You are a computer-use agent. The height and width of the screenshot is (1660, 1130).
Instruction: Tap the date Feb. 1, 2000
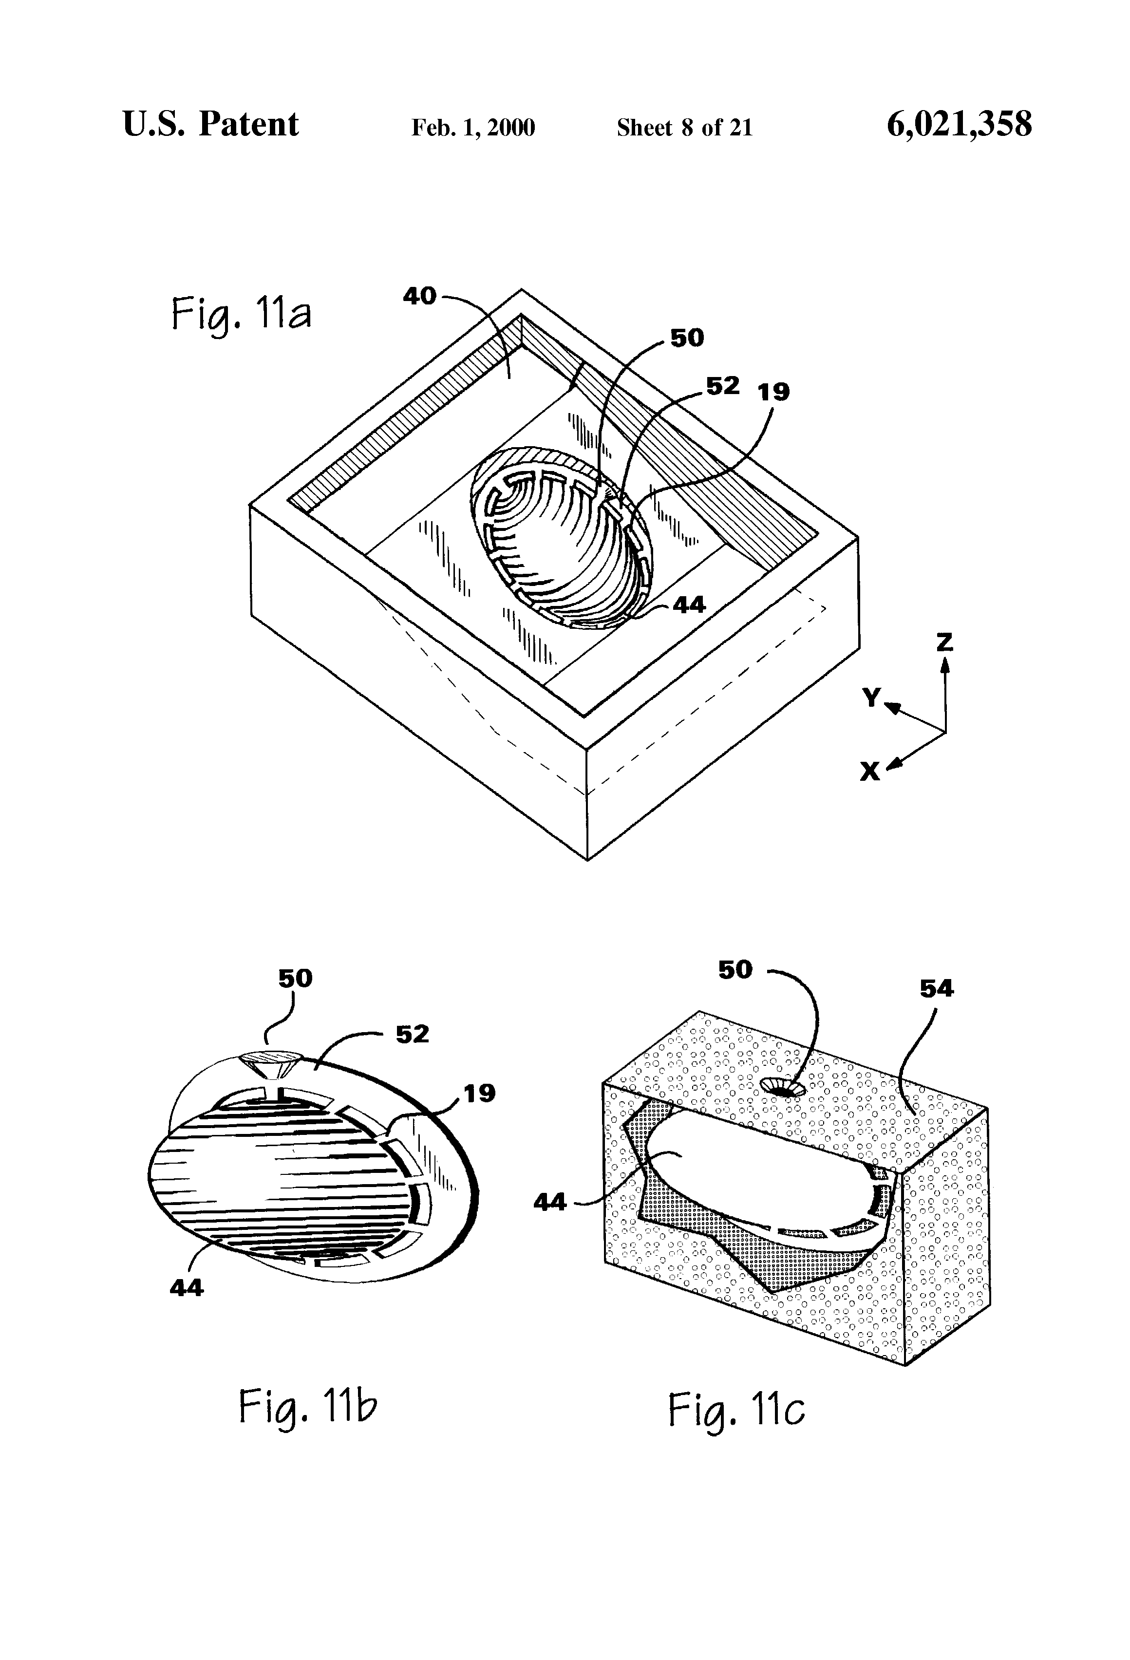click(x=473, y=128)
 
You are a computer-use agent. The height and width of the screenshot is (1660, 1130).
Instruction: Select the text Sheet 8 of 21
click(x=684, y=128)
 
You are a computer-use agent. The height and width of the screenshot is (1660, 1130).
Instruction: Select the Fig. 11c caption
click(x=736, y=1409)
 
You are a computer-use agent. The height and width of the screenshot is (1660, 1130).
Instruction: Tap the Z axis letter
click(x=944, y=643)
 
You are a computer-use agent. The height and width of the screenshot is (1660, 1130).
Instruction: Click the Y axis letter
click(x=871, y=697)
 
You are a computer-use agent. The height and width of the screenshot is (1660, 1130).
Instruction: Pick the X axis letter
click(x=869, y=772)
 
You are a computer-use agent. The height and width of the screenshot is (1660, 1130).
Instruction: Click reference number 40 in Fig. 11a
click(x=419, y=296)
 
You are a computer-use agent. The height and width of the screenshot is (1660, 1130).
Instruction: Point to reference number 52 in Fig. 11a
click(x=722, y=386)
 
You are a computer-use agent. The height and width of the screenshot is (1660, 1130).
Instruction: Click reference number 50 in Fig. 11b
click(x=295, y=978)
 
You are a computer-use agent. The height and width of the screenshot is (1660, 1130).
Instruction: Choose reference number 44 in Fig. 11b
click(x=187, y=1288)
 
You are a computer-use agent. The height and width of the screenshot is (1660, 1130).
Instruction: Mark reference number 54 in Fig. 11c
click(x=937, y=989)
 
